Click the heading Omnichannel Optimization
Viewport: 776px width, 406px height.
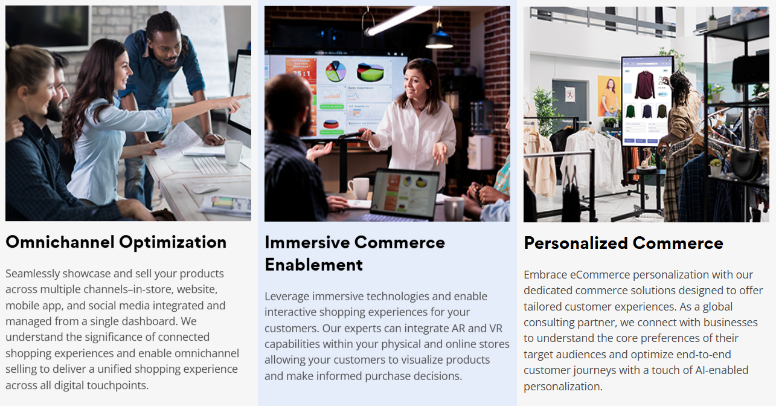116,243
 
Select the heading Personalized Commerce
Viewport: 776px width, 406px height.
624,243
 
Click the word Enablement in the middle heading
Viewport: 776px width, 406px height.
314,265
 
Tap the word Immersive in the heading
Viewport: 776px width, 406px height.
307,242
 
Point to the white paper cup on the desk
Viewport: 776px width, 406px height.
233,152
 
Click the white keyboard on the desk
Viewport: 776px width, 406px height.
210,165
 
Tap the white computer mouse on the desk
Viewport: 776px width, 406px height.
205,189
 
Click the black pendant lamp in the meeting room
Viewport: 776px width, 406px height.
439,38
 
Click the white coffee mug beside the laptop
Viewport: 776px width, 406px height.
359,188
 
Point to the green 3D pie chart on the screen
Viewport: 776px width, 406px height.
370,72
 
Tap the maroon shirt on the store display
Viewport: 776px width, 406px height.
644,85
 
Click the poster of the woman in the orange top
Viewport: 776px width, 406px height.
609,96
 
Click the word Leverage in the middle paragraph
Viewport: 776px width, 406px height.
287,297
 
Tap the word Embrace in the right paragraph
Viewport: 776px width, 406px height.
545,275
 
